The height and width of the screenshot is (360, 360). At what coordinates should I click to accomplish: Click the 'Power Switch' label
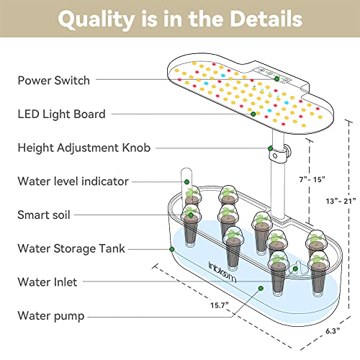[54, 81]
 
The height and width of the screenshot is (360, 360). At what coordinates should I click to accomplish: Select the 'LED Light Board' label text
[62, 114]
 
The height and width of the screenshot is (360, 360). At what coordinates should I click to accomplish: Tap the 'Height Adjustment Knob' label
[84, 148]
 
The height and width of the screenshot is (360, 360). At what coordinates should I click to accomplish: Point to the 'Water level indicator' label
[73, 181]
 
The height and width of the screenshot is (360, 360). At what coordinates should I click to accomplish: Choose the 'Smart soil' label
[44, 215]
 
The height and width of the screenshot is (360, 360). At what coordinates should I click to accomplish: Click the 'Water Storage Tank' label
[71, 248]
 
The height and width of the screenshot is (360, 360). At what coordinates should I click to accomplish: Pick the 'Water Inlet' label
[48, 282]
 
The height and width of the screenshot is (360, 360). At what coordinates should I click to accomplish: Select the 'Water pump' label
[51, 316]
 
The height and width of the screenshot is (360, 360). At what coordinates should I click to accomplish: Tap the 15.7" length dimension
[220, 305]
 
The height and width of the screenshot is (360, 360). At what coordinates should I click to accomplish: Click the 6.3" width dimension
[333, 331]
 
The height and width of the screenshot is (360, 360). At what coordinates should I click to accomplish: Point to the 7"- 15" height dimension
[312, 179]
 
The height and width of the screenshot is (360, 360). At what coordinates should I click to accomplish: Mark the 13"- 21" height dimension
[341, 201]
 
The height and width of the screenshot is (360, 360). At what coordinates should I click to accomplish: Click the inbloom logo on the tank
[222, 272]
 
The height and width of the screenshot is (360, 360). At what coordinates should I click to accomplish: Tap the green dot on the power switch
[277, 78]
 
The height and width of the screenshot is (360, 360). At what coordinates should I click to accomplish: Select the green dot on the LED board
[253, 114]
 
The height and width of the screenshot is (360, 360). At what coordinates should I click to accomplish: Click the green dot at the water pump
[261, 288]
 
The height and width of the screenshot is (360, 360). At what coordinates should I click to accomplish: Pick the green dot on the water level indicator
[186, 182]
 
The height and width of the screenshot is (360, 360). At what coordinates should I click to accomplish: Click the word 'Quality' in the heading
[96, 20]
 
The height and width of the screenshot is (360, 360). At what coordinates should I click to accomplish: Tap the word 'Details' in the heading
[266, 19]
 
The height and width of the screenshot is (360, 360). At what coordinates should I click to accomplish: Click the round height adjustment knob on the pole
[288, 150]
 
